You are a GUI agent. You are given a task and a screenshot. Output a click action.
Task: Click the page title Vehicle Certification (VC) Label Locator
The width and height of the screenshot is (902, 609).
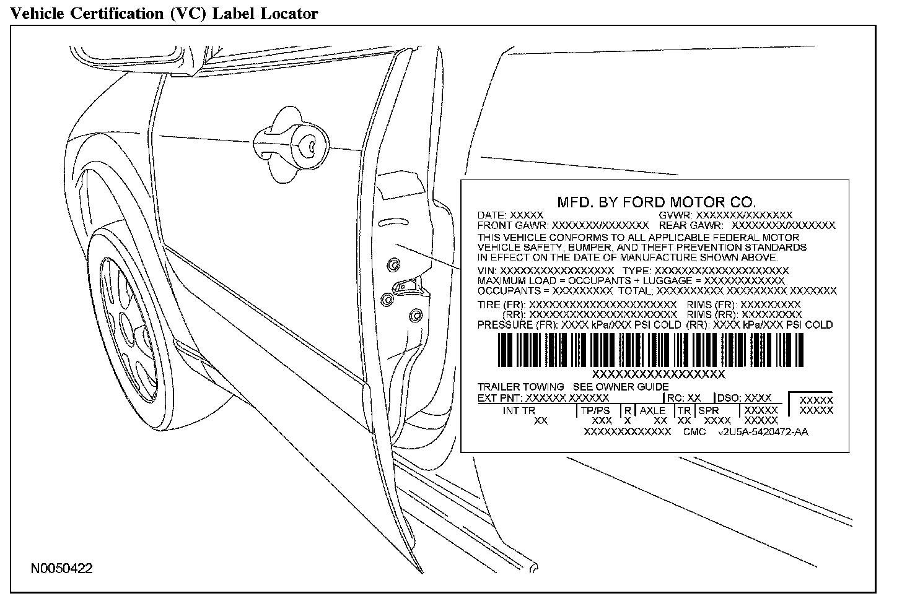point(164,13)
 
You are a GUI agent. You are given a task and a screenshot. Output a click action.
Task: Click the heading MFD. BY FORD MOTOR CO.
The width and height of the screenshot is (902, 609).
point(657,202)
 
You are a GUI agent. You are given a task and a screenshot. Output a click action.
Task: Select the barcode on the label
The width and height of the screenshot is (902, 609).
point(650,351)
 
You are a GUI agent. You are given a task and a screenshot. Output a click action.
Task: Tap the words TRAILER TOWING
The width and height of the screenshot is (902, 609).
point(520,387)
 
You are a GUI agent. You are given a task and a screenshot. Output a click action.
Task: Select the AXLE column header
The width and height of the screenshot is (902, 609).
point(652,410)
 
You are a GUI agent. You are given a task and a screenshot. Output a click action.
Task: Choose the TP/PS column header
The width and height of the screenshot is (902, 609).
point(595,410)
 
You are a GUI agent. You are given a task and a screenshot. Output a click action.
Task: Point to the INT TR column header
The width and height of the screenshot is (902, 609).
point(519,410)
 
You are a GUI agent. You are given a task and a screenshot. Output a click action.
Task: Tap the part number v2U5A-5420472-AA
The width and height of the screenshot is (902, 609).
point(763,432)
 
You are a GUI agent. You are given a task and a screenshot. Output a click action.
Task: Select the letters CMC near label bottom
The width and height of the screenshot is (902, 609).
point(694,432)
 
